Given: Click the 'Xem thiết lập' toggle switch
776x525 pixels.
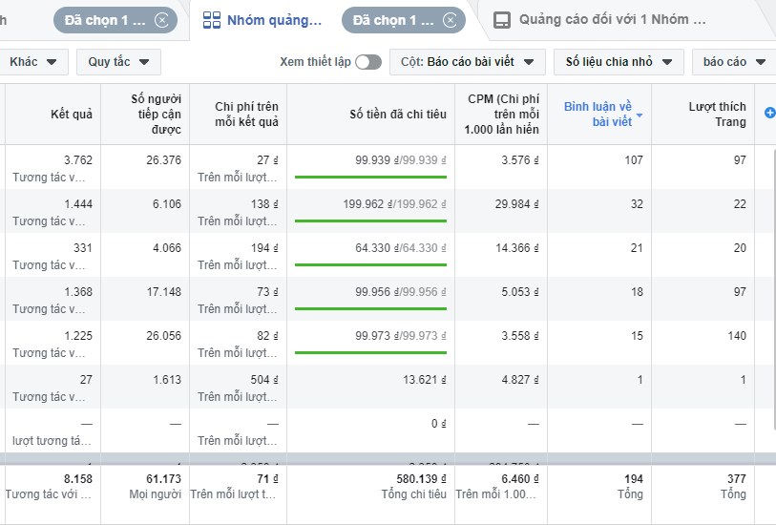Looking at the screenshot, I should coord(368,62).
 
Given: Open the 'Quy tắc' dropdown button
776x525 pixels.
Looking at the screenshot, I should coord(118,62).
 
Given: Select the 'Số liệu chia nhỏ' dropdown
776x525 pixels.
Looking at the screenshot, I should coord(619,62).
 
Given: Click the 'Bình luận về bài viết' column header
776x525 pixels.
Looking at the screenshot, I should coord(598,114).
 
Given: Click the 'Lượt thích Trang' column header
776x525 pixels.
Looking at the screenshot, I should coord(717,114).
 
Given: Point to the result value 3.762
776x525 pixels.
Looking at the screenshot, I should coord(77,159).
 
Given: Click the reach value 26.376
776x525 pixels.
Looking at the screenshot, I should coord(161,159).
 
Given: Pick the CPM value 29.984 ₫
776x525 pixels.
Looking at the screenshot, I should coord(518,203).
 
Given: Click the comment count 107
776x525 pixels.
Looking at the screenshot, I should coord(633,159).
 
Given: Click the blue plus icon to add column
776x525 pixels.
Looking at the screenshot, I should coord(769,113).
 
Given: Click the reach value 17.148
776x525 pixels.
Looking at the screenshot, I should coord(161,291).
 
